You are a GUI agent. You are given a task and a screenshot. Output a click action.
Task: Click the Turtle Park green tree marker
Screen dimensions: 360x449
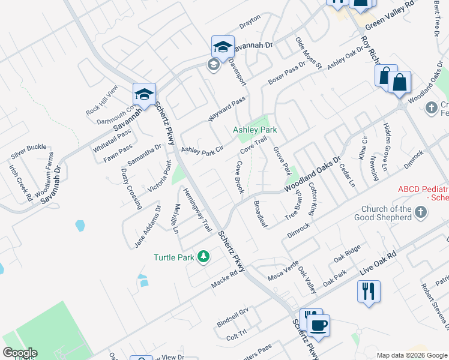tap(204, 257)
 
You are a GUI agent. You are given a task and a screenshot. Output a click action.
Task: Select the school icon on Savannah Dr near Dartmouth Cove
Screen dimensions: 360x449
tap(145, 94)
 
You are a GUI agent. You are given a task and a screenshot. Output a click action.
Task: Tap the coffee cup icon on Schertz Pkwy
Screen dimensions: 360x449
tap(318, 326)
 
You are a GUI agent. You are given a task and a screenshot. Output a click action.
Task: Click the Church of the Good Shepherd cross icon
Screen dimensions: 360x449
tap(421, 212)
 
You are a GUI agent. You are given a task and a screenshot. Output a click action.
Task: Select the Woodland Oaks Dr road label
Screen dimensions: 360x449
tap(312, 174)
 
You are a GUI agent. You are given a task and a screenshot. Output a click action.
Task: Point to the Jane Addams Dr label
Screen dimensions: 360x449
tap(148, 227)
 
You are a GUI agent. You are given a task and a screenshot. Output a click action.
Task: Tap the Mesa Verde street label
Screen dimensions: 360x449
tap(283, 275)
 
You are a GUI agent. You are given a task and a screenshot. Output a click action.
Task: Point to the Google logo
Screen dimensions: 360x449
tap(20, 353)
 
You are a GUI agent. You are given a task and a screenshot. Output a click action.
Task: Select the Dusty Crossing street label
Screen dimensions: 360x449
tap(131, 188)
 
